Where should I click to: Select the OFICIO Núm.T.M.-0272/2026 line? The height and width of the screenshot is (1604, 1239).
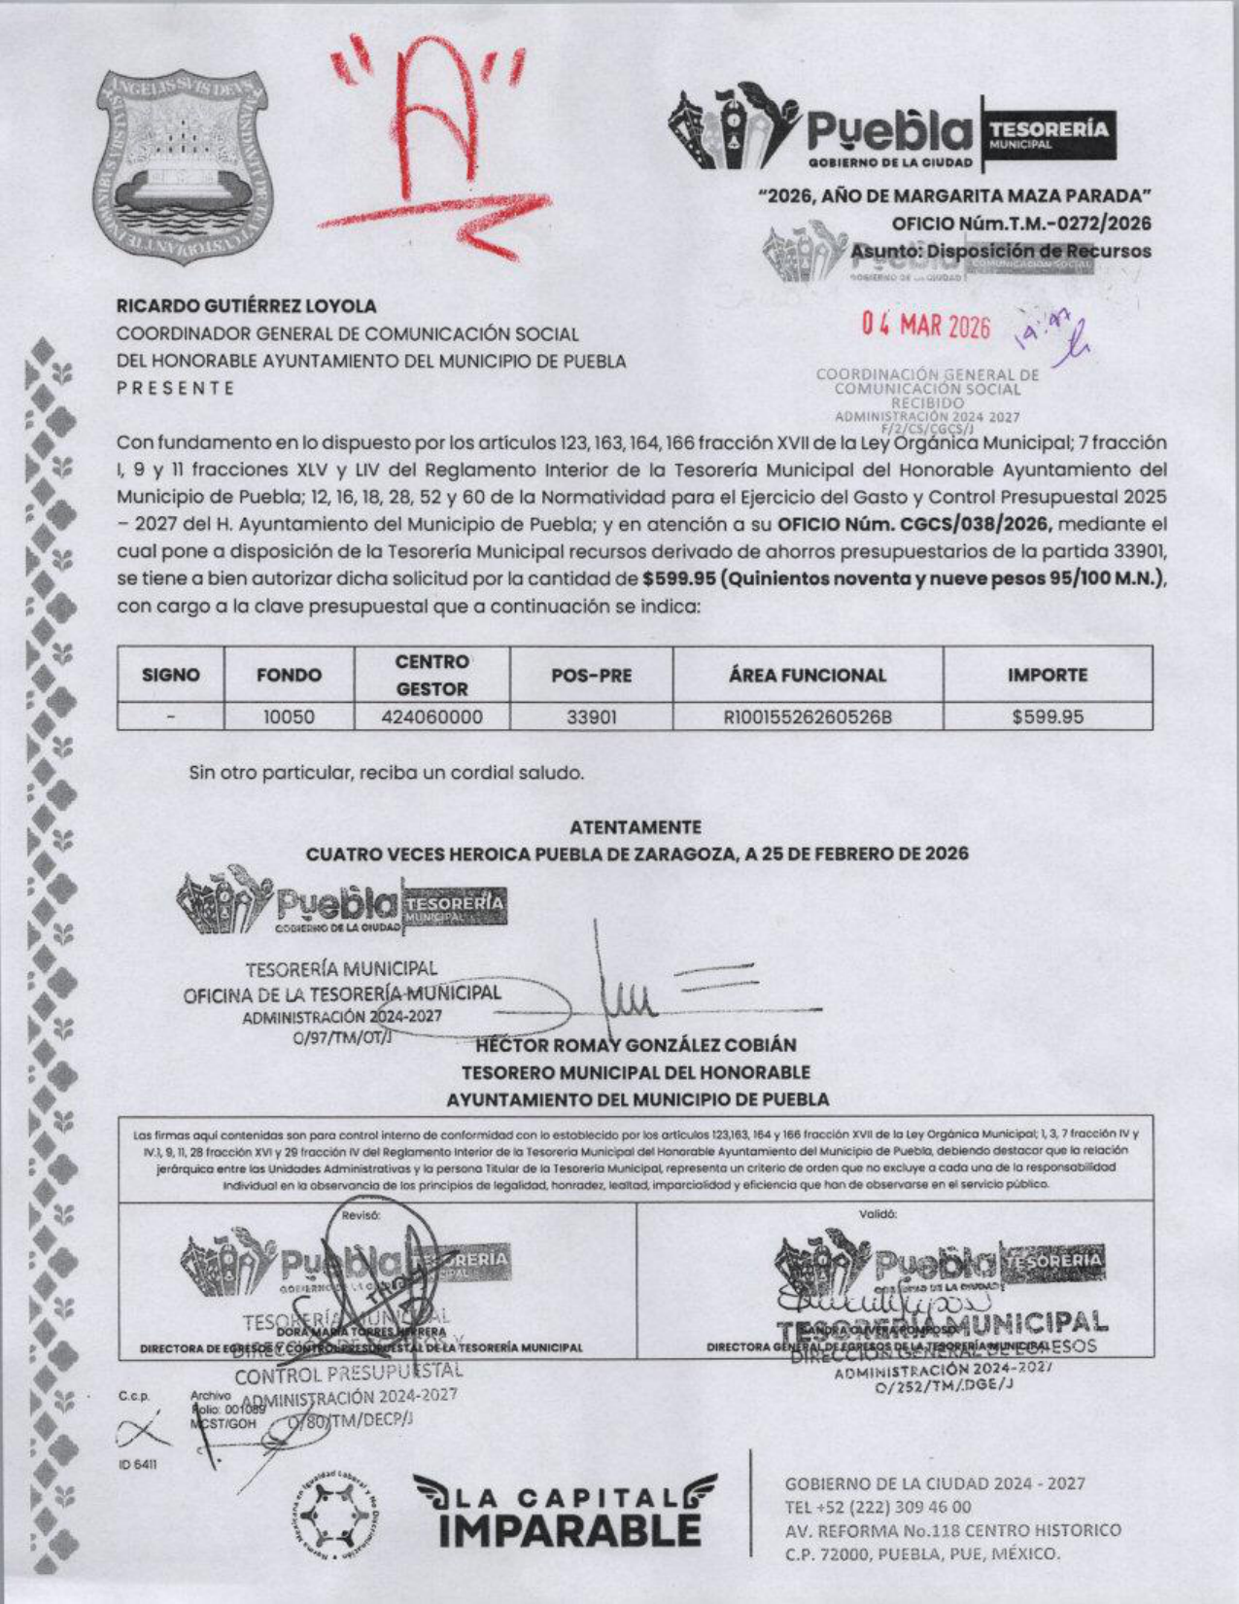tap(1020, 224)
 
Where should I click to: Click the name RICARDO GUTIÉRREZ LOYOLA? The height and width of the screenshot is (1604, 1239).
tap(247, 305)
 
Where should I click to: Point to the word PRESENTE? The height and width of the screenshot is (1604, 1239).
tap(176, 388)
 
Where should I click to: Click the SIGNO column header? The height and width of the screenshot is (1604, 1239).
tap(170, 675)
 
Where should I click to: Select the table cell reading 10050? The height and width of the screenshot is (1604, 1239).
tap(289, 717)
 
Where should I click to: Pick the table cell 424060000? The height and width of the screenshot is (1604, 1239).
tap(431, 717)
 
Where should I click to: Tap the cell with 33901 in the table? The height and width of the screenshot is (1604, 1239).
tap(591, 717)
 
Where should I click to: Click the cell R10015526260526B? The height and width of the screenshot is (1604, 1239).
tap(808, 717)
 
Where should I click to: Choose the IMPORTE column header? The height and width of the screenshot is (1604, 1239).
tap(1048, 675)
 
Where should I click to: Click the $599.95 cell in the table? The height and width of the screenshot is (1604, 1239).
tap(1048, 717)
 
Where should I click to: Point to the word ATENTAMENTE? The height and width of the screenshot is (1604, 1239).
tap(635, 827)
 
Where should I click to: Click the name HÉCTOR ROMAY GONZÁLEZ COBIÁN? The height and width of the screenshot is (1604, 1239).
tap(636, 1045)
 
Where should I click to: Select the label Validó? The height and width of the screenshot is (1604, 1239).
tap(878, 1214)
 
